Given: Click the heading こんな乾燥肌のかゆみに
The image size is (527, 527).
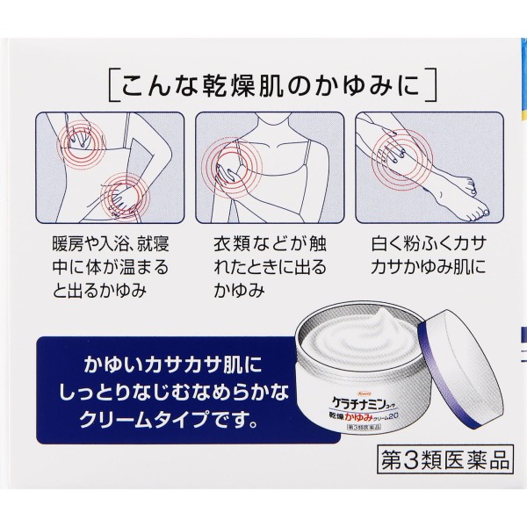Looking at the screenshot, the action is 271,85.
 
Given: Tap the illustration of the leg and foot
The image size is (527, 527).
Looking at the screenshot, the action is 430,168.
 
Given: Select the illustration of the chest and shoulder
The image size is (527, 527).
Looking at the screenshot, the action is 270,168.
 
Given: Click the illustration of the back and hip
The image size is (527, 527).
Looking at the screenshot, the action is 111,168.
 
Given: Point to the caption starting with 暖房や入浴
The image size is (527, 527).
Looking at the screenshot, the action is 111,267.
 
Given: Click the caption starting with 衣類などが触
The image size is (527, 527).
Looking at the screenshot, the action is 270,267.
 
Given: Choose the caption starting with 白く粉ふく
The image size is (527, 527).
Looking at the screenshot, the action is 429,256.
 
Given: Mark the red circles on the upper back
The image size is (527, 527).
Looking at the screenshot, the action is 80,143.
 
